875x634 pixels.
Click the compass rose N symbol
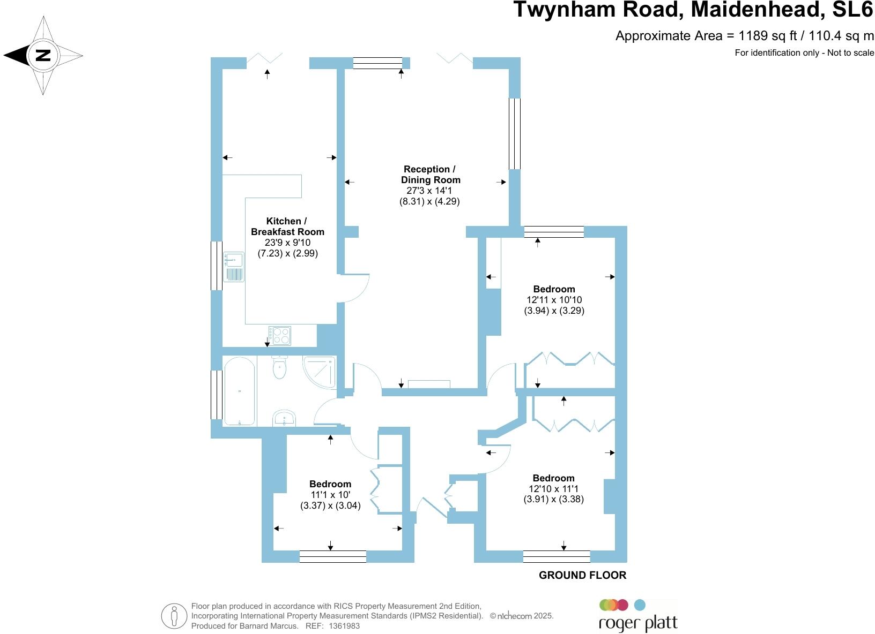43,55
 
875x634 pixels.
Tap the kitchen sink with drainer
234,267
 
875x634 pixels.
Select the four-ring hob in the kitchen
280,336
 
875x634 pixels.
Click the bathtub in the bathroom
239,391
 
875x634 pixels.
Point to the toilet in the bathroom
279,367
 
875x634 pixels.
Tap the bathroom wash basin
284,418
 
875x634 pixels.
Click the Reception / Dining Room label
430,175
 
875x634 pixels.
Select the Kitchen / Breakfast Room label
287,227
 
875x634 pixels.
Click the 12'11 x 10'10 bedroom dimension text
554,300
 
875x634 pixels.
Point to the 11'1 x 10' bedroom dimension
330,495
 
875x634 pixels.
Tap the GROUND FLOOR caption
582,575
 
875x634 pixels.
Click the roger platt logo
637,616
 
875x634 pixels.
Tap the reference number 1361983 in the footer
344,625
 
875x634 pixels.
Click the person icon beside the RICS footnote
174,616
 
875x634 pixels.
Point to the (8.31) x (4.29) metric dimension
429,202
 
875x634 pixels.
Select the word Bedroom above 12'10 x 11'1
553,478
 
